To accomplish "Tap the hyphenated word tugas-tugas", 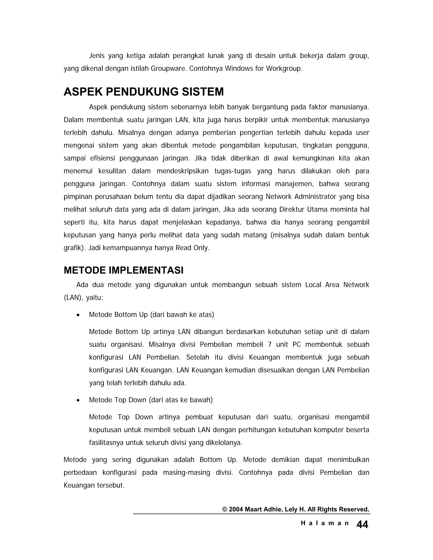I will [x=233, y=171].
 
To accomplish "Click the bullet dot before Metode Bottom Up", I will [x=78, y=315].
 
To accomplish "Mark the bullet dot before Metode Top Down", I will [x=78, y=400].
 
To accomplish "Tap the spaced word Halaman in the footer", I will [x=325, y=523].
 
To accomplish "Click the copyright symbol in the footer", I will [x=225, y=509].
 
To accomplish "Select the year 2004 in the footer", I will [x=236, y=509].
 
